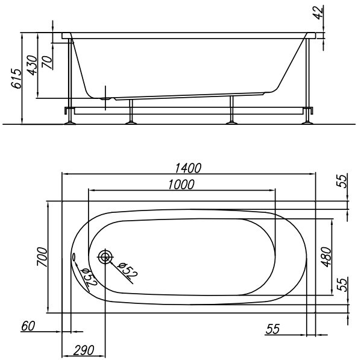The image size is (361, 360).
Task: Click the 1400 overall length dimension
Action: pyautogui.click(x=188, y=168)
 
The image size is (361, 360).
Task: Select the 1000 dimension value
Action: pyautogui.click(x=181, y=185)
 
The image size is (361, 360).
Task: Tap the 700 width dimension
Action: pyautogui.click(x=42, y=257)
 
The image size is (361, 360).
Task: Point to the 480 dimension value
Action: pyautogui.click(x=326, y=257)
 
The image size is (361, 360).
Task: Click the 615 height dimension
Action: pyautogui.click(x=17, y=78)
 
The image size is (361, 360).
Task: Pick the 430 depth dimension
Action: pyautogui.click(x=32, y=65)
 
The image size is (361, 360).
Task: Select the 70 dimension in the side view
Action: pyautogui.click(x=47, y=62)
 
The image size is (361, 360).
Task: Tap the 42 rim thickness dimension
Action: pyautogui.click(x=318, y=13)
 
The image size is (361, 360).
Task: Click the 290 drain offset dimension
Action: pyautogui.click(x=84, y=350)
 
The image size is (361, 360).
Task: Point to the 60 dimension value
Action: pyautogui.click(x=28, y=326)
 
